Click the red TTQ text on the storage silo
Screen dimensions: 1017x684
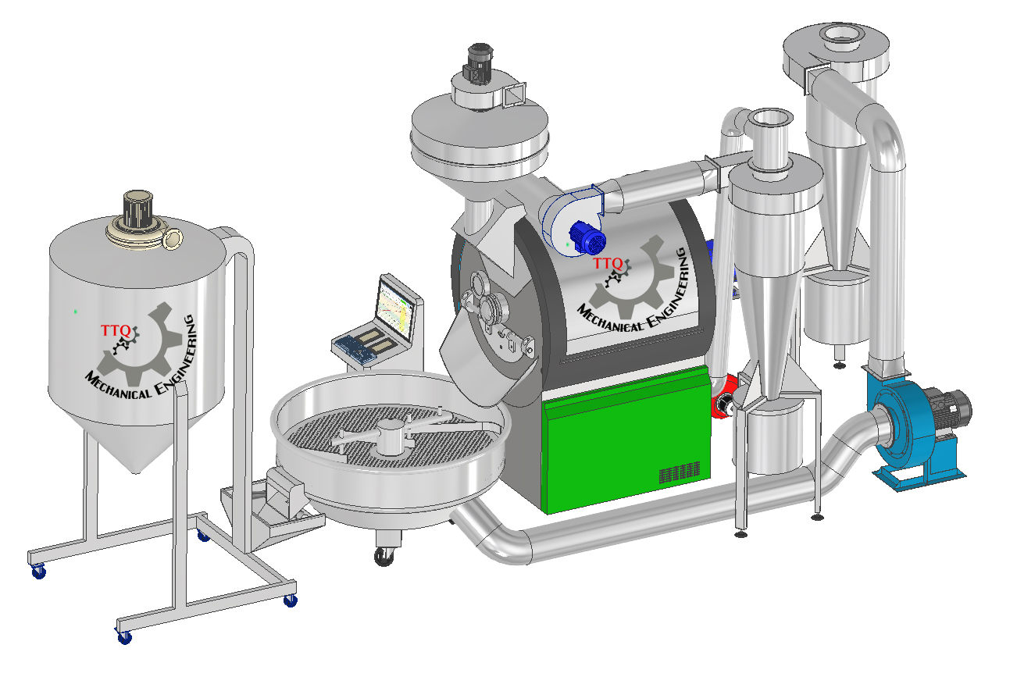(x=116, y=330)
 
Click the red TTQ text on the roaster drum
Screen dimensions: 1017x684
(x=608, y=263)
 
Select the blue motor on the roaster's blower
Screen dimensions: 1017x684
(x=587, y=237)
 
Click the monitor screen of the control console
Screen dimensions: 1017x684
(x=395, y=310)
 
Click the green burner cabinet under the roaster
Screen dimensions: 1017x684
(x=627, y=440)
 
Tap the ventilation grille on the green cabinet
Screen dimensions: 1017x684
(x=680, y=473)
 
